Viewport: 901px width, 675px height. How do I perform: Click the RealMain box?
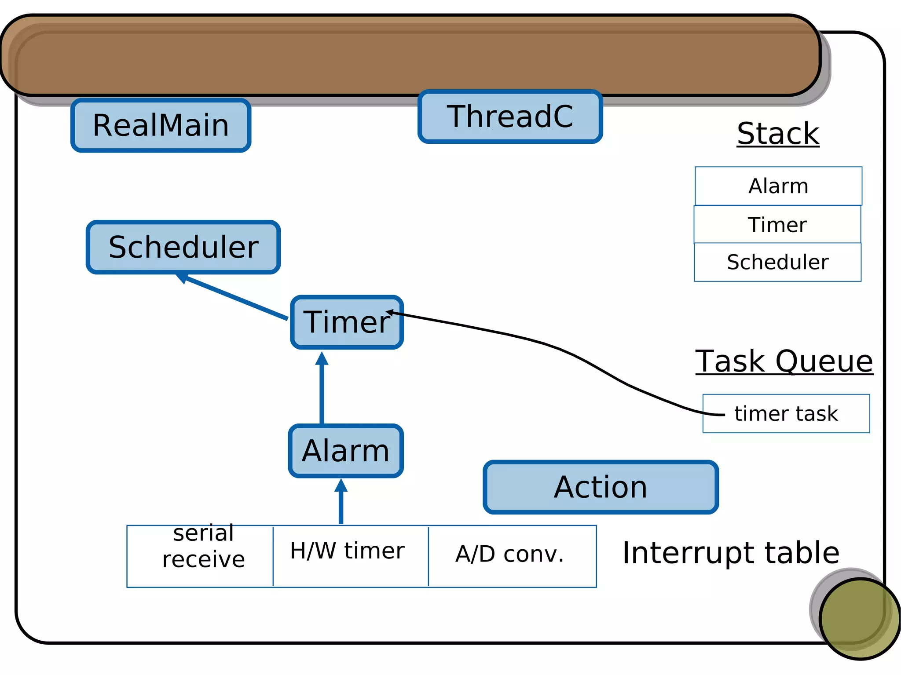161,125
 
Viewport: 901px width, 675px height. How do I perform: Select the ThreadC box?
510,117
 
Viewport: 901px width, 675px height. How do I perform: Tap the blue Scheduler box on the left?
183,247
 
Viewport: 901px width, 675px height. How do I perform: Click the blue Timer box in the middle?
347,322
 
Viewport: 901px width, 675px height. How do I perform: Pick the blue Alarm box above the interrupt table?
346,451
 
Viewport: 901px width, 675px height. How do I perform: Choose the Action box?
601,487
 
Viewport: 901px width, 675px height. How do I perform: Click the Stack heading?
778,134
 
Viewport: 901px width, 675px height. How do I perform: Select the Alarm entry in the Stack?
778,186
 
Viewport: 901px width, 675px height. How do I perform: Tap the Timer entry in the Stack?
777,225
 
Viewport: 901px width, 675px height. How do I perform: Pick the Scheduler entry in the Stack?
777,262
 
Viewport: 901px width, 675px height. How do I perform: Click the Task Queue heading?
784,361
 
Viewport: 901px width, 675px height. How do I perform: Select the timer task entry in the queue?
786,414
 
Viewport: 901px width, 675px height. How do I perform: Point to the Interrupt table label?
730,553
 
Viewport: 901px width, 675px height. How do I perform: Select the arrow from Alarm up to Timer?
322,389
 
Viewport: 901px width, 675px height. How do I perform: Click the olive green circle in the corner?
859,618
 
